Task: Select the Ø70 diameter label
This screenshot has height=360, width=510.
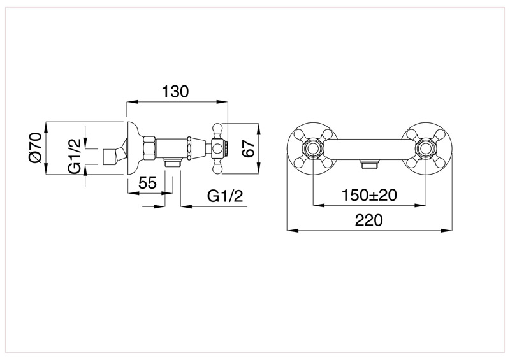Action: click(x=34, y=148)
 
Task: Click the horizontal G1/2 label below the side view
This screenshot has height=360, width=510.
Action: click(x=226, y=196)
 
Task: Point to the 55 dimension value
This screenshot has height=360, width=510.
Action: click(x=147, y=183)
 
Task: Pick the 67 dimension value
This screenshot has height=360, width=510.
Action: click(x=249, y=148)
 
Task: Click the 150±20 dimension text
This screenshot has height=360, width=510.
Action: click(x=369, y=195)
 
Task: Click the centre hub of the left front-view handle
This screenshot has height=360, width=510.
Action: click(x=312, y=150)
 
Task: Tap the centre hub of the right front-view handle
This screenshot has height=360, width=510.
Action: click(x=425, y=150)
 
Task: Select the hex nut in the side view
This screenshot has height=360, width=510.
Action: click(x=149, y=148)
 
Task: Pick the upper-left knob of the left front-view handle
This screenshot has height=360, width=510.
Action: click(x=298, y=135)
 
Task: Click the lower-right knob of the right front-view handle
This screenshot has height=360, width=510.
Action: click(x=440, y=164)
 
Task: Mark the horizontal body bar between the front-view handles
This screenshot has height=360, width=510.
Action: click(x=368, y=149)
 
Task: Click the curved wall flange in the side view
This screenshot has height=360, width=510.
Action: click(x=133, y=148)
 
